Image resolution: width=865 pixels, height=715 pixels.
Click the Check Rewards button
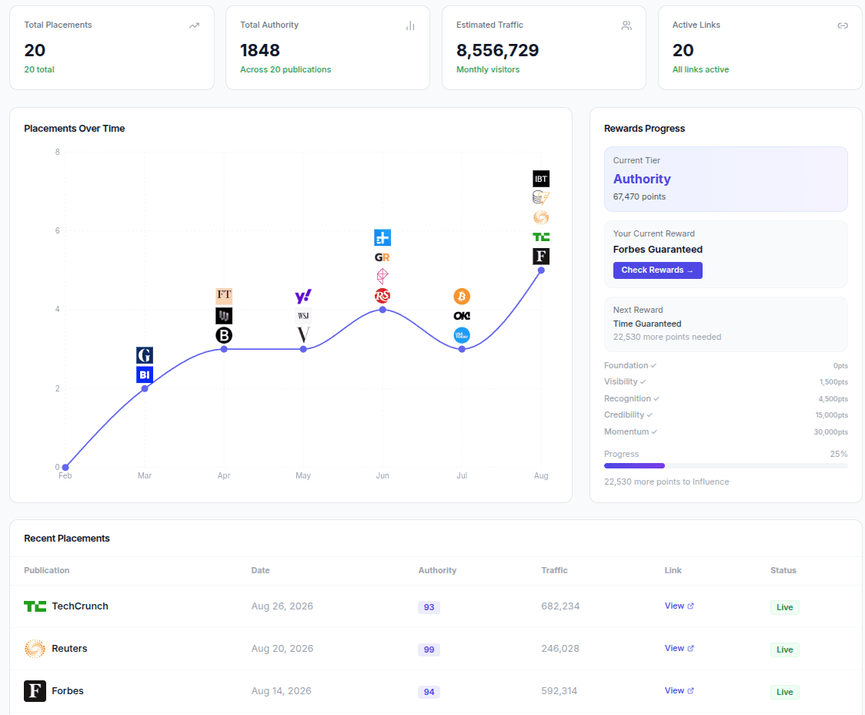click(x=657, y=270)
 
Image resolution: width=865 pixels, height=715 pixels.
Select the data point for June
click(x=382, y=310)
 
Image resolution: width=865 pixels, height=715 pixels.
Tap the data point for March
click(x=145, y=388)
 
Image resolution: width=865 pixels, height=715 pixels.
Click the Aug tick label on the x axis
click(x=541, y=476)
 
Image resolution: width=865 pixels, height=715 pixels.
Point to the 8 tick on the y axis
click(x=57, y=152)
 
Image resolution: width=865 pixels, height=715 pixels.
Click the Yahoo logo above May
click(x=303, y=297)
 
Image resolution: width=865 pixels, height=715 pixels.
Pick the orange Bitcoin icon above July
click(x=462, y=297)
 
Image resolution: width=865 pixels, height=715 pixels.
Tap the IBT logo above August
click(x=541, y=179)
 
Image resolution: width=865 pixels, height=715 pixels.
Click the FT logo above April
click(x=224, y=296)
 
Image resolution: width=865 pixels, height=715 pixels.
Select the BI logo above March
click(x=145, y=375)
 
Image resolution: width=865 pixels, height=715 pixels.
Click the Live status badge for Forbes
click(x=784, y=692)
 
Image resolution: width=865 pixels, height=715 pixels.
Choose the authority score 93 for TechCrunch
click(x=429, y=607)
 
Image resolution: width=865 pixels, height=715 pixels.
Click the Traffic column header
click(x=554, y=571)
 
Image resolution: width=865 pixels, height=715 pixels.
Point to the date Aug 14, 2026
click(x=281, y=691)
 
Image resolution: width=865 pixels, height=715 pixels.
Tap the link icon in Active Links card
click(x=842, y=25)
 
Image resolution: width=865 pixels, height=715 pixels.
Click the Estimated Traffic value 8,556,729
click(x=497, y=51)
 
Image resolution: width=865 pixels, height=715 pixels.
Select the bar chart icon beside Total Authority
click(x=410, y=25)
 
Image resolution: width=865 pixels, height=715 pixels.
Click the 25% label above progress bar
click(x=838, y=455)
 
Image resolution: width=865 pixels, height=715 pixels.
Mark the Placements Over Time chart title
click(x=75, y=129)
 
